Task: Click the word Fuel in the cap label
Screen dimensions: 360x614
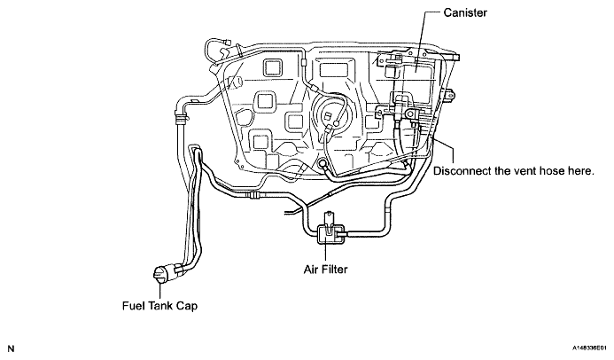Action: [136, 306]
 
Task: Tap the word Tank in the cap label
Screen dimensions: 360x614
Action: [166, 306]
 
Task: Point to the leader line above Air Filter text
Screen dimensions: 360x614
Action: [330, 250]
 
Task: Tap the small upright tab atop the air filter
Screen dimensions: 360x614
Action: [330, 216]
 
